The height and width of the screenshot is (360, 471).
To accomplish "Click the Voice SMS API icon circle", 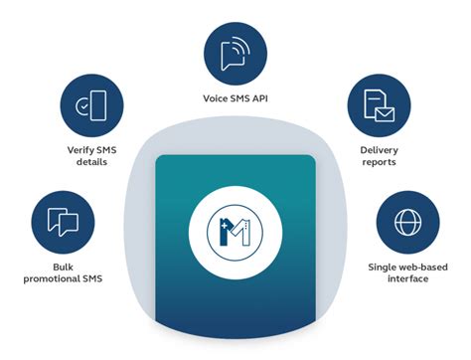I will pos(235,52).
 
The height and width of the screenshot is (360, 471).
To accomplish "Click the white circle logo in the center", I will pos(235,228).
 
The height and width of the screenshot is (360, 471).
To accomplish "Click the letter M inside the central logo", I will pos(238,229).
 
